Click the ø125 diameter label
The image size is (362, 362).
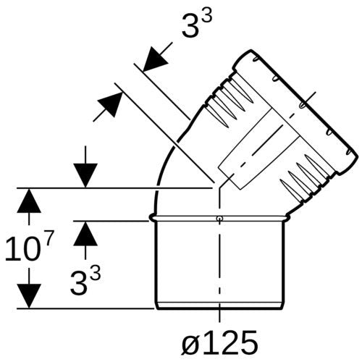tap(219, 342)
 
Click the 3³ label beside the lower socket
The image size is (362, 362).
tap(85, 281)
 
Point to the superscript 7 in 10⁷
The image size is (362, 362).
tap(48, 238)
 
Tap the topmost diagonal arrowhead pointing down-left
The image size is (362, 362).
tap(155, 59)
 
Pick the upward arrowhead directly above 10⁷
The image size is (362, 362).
tap(29, 201)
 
